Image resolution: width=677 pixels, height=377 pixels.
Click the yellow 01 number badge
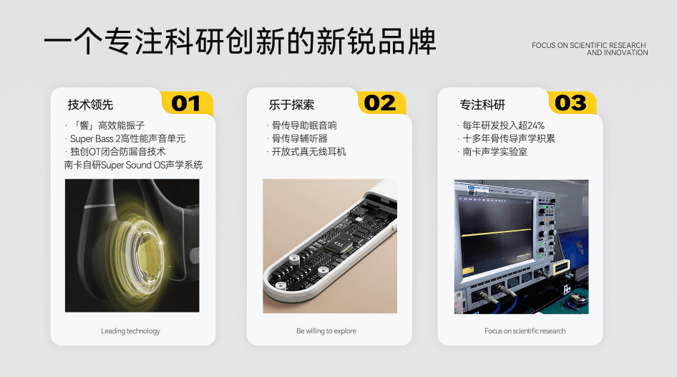[x=186, y=103]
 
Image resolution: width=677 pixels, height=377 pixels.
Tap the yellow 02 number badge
[x=379, y=103]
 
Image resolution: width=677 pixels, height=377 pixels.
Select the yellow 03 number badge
[x=570, y=103]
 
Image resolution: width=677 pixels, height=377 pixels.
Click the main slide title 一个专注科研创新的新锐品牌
[x=240, y=42]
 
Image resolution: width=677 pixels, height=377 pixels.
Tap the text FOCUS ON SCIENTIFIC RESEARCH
[x=589, y=46]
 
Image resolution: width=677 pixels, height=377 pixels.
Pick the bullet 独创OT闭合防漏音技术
[x=117, y=152]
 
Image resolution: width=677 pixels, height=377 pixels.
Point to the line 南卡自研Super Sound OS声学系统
[x=133, y=165]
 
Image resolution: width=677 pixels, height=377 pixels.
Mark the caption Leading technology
[x=131, y=331]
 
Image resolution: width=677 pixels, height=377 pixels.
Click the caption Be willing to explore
[x=326, y=331]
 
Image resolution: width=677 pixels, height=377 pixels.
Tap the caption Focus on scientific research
[x=525, y=331]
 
